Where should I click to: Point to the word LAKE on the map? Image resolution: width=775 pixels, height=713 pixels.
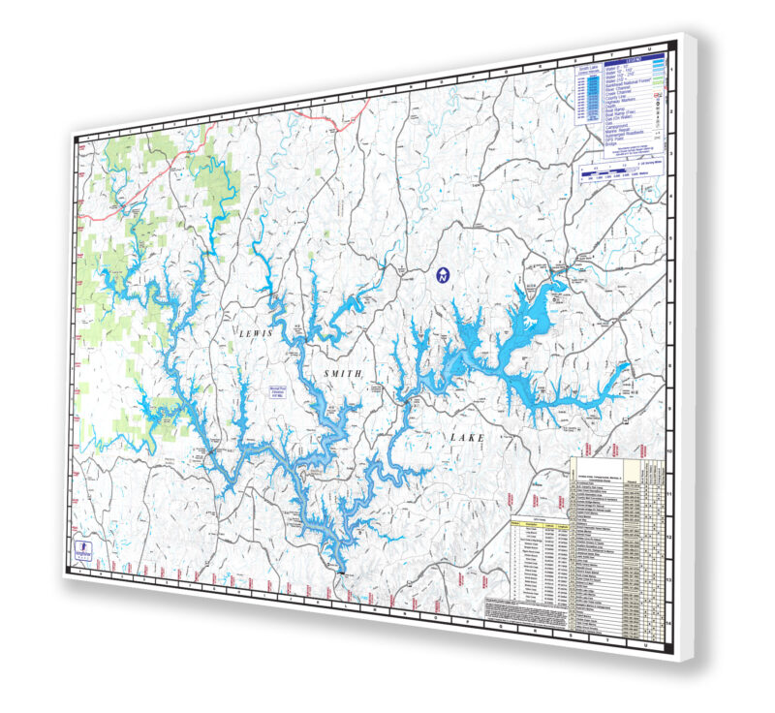click(466, 438)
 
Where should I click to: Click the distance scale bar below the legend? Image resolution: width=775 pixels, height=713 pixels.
click(620, 177)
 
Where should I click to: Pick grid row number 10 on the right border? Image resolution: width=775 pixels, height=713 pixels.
click(672, 448)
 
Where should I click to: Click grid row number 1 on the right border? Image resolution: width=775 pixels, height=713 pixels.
click(672, 71)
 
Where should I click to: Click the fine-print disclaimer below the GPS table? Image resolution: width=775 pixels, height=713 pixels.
click(523, 608)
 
